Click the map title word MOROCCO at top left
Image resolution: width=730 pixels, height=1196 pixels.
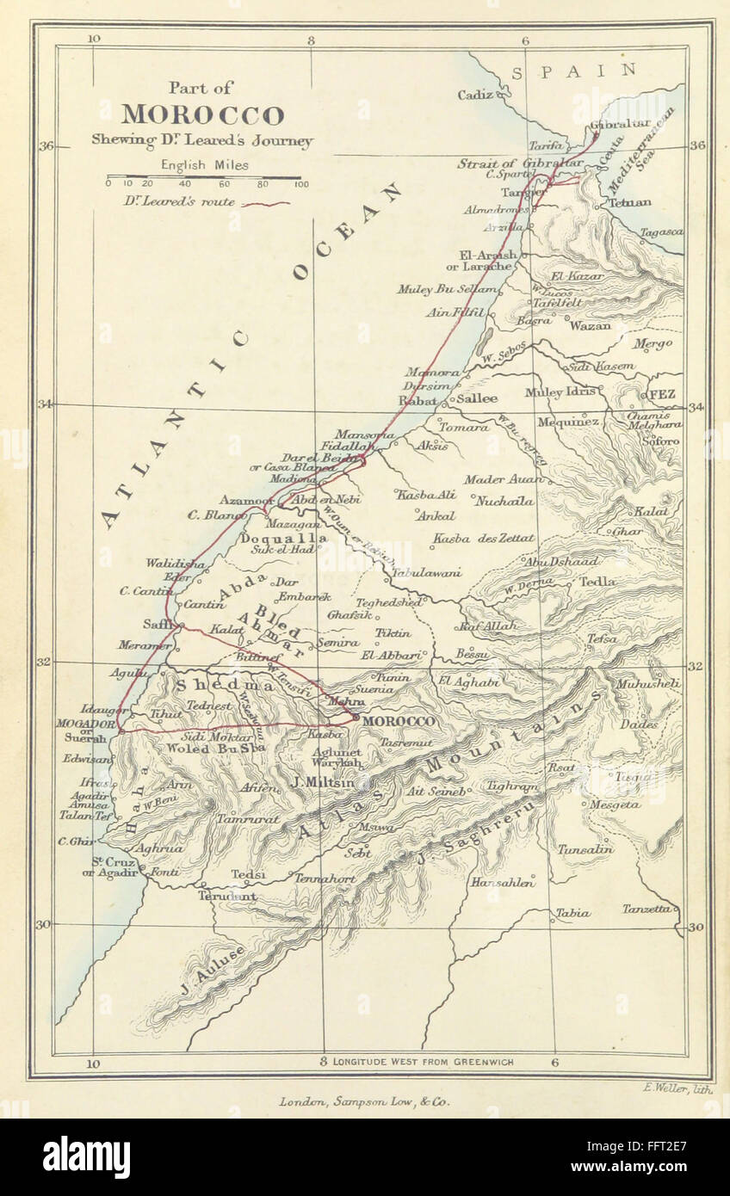click(x=202, y=115)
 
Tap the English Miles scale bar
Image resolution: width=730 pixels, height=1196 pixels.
click(x=204, y=178)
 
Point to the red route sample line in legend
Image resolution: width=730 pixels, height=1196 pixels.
click(x=266, y=203)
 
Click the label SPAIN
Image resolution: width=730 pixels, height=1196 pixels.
click(x=574, y=71)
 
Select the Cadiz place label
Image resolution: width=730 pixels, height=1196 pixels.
click(x=474, y=95)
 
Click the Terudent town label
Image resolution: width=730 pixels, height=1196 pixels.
click(x=227, y=896)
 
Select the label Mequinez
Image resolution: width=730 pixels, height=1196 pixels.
click(x=567, y=422)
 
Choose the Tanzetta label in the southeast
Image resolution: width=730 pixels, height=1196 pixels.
click(x=646, y=908)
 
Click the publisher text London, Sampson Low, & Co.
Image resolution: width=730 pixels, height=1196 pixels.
click(x=364, y=1100)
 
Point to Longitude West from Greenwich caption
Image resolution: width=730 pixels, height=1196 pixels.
click(x=422, y=1062)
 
